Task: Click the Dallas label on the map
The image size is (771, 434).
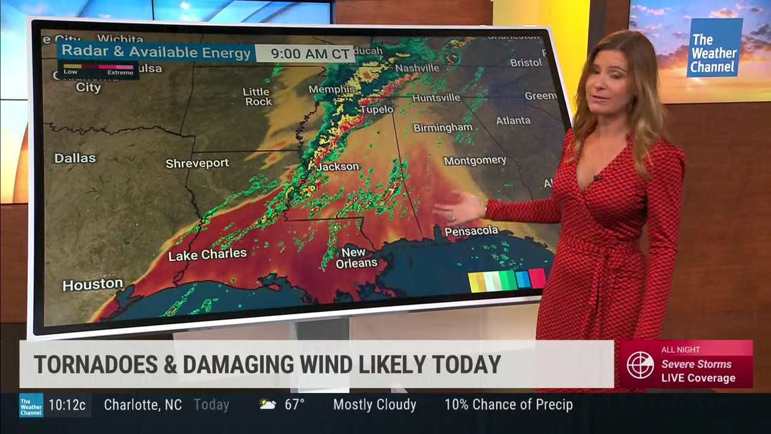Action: coord(75,159)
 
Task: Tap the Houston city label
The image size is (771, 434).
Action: coord(93,285)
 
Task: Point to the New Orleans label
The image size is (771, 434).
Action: coord(356,257)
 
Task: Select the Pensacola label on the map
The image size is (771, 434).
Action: coord(471,231)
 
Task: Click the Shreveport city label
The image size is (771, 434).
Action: coord(197,163)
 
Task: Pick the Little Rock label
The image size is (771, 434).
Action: coord(258,96)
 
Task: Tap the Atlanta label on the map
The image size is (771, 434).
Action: coord(513,121)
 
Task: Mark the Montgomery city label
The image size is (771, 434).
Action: coord(475,160)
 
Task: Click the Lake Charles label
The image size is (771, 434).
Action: coord(207,254)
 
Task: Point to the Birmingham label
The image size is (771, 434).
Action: coord(442,128)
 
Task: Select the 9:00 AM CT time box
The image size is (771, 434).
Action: coord(310,53)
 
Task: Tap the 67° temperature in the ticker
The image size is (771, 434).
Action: coord(294,404)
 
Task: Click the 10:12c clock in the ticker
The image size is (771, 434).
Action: coord(67,404)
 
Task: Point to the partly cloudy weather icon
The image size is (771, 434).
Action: coord(268,404)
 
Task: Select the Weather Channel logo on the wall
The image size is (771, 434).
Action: coord(714,48)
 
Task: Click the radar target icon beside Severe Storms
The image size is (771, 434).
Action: coord(640,365)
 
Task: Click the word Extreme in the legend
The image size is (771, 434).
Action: coord(120,72)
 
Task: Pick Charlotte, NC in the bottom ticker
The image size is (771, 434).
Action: coord(143,404)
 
